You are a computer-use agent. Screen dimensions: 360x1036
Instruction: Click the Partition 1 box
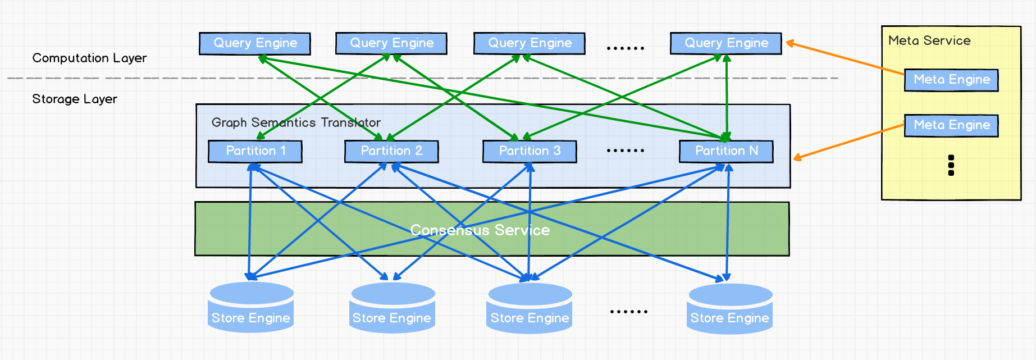tap(255, 151)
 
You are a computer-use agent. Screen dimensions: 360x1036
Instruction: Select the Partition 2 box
tap(391, 151)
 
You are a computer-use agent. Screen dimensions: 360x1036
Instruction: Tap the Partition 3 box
tap(530, 151)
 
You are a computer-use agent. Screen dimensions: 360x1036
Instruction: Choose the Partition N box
tap(726, 151)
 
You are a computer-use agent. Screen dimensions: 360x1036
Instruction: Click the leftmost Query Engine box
tap(255, 43)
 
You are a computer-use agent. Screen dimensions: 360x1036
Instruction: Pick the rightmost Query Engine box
tap(726, 43)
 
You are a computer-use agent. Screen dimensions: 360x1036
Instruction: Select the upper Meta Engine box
tap(951, 80)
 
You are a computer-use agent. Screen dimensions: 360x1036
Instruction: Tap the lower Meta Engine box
tap(951, 125)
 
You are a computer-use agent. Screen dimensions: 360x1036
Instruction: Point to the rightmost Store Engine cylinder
tap(729, 309)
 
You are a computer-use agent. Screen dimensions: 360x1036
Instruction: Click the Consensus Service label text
tap(480, 230)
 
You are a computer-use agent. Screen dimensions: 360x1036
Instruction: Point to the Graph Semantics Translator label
tap(296, 122)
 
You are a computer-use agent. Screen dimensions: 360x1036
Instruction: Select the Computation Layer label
tap(89, 58)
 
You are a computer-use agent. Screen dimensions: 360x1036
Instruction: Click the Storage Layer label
tap(75, 99)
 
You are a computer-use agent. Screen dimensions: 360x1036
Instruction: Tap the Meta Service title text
tap(929, 40)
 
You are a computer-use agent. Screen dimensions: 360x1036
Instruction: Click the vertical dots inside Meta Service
tap(951, 165)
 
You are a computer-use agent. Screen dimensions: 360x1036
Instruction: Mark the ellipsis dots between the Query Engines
tap(626, 48)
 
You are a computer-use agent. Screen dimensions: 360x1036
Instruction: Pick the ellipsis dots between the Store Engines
tap(628, 311)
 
